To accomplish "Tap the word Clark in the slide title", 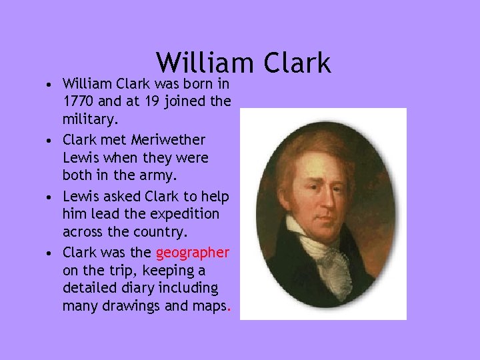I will [297, 63].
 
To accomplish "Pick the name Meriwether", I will [169, 140].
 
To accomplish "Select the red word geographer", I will [193, 252].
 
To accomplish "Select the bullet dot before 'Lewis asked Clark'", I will [51, 197].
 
